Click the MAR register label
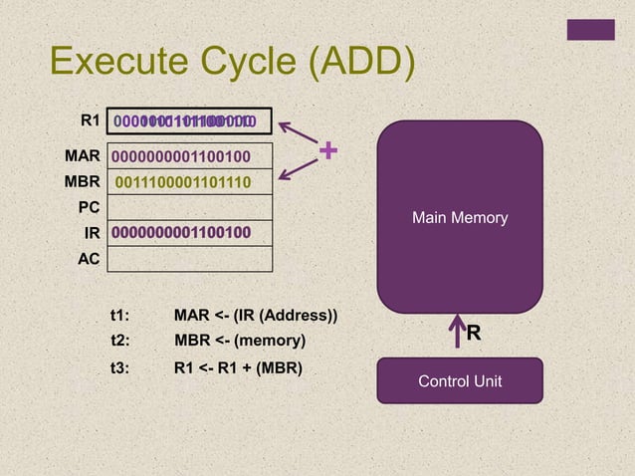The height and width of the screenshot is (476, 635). tap(83, 156)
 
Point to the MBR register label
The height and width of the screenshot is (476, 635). tap(83, 181)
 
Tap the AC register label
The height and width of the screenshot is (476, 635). tap(90, 258)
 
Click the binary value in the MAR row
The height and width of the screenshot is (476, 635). tap(180, 156)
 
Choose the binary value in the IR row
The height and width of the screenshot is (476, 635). tap(180, 233)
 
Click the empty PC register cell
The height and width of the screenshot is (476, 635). tap(189, 207)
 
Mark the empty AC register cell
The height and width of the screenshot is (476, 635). tap(189, 259)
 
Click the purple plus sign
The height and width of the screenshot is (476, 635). tap(327, 152)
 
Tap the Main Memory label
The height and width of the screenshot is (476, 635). tap(460, 217)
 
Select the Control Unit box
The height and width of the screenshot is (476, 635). tap(460, 380)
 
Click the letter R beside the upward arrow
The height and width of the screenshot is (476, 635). tap(474, 334)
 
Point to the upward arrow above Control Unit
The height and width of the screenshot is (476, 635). tap(457, 333)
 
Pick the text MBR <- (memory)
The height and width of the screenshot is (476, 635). tap(239, 342)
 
